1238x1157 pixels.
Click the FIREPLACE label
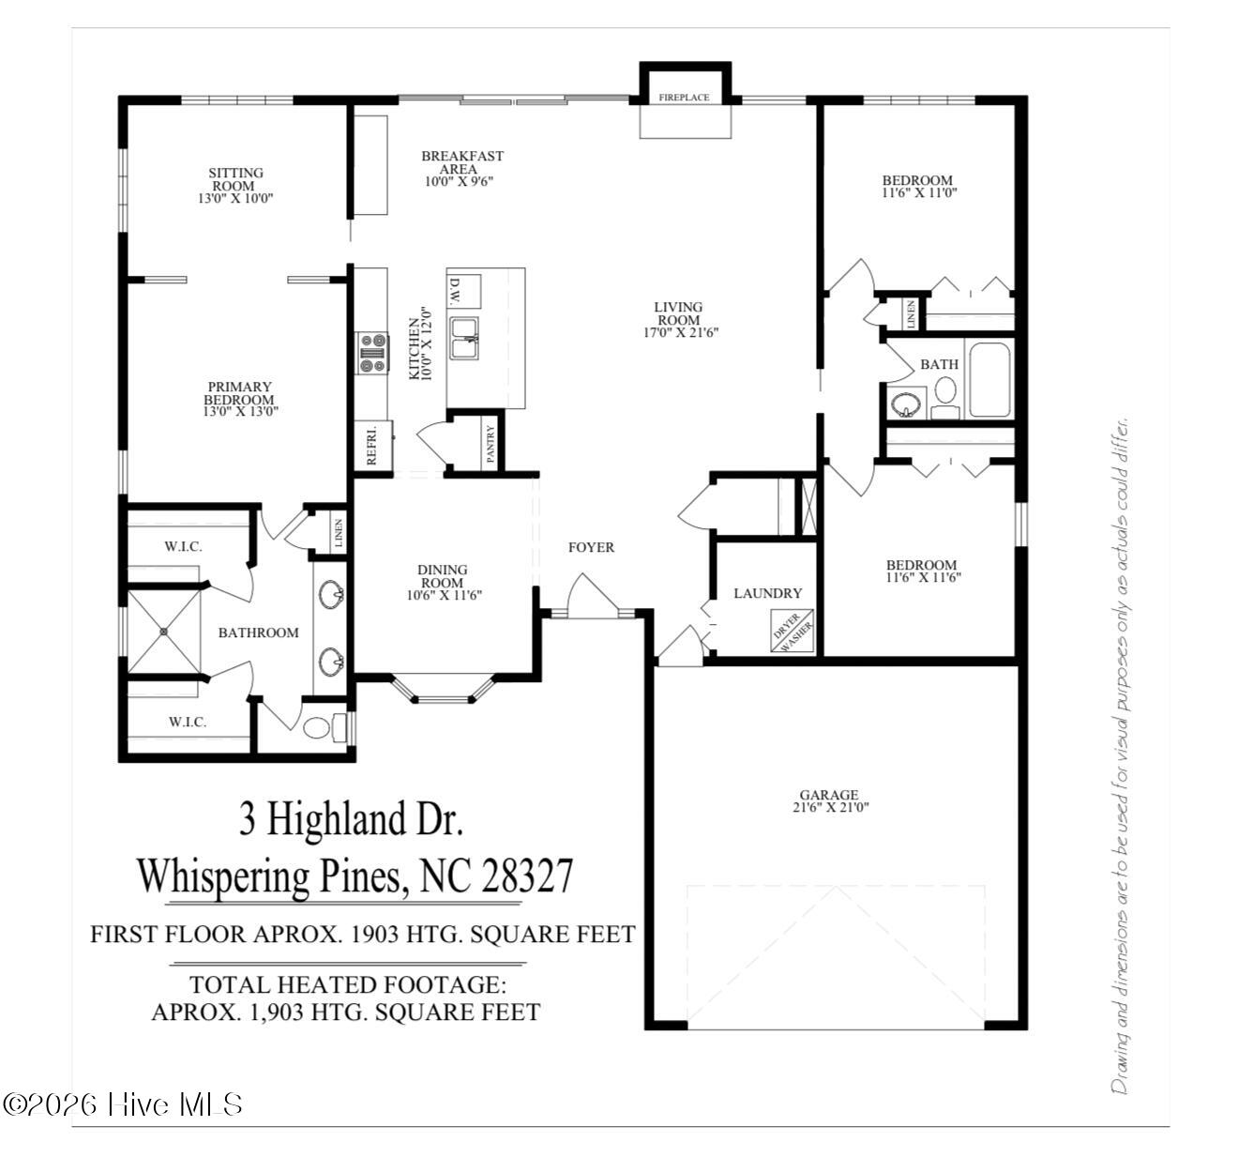[x=684, y=98]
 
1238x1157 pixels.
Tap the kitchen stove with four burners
[x=372, y=353]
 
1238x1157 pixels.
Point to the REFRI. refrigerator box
[x=372, y=446]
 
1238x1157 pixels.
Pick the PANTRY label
[x=491, y=444]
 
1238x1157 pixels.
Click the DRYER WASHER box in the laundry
[x=793, y=631]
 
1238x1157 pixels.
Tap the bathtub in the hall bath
[x=989, y=379]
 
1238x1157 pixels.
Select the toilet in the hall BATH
[x=945, y=397]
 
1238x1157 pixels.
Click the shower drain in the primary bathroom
[x=164, y=632]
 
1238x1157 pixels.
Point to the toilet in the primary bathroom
[x=325, y=727]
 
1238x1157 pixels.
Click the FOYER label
[x=591, y=547]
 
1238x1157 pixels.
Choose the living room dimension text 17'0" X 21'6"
[x=681, y=332]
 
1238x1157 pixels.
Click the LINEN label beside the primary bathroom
[x=339, y=533]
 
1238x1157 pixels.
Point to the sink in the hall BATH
[x=903, y=403]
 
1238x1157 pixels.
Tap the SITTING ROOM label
[x=235, y=179]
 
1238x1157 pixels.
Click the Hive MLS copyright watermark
[x=122, y=1104]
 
